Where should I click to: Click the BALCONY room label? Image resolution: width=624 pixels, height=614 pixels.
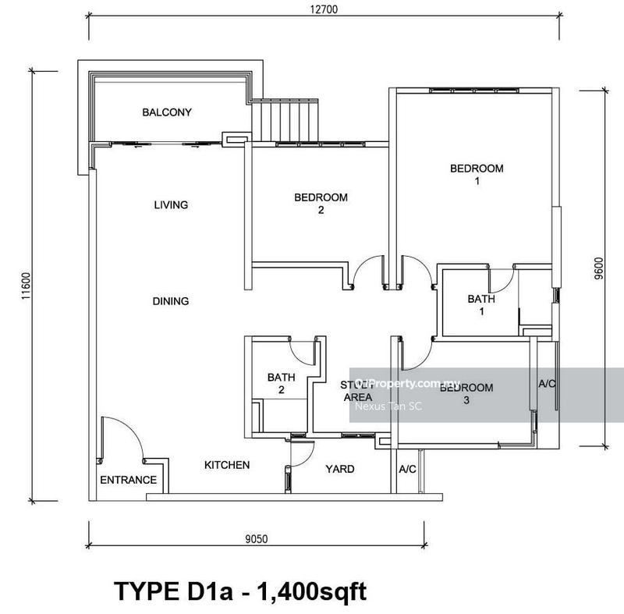coord(166,112)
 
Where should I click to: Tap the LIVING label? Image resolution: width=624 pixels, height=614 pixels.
coord(171,205)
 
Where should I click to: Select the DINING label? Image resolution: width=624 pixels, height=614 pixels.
coord(171,301)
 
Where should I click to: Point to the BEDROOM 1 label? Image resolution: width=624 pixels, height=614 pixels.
coord(477,175)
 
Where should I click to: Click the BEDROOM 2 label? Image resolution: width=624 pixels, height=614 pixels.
coord(321,204)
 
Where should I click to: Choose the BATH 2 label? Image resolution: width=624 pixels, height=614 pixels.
coord(281,383)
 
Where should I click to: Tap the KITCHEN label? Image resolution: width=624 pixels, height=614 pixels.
coord(227,465)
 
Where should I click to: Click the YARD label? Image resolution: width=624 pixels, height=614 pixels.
coord(339,469)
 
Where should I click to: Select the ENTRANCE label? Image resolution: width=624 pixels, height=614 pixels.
coord(128,480)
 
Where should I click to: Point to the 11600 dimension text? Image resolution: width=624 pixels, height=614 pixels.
coord(26,286)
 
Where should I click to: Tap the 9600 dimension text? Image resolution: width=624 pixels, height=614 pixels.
coord(598,268)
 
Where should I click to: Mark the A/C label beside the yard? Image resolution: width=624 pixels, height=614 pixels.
coord(406,470)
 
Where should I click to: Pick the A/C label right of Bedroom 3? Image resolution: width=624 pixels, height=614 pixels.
coord(547,384)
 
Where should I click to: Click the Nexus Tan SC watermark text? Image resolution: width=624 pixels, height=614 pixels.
coord(388,405)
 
